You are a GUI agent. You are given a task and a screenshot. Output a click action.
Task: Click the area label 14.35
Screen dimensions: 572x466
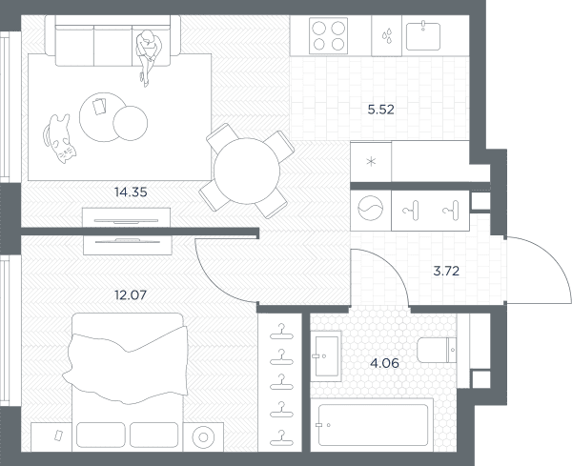coord(131,192)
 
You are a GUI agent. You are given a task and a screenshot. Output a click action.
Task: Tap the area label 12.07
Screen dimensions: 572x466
coord(131,294)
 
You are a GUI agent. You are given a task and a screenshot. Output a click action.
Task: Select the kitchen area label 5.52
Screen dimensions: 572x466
coord(380,110)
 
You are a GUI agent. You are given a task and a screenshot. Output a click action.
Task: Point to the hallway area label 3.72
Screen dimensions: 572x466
coord(446,271)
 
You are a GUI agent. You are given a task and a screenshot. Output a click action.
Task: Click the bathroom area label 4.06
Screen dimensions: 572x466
coord(384,363)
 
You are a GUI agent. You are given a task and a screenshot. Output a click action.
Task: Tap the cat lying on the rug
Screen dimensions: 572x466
coord(59,138)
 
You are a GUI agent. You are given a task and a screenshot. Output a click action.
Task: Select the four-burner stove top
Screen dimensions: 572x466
coord(328,35)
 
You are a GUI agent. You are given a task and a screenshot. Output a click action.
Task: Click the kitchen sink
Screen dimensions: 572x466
coord(423,36)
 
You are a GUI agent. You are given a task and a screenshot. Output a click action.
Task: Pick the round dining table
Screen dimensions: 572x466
coord(247,171)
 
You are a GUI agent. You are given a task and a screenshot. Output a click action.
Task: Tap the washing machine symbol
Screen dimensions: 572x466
coord(370,209)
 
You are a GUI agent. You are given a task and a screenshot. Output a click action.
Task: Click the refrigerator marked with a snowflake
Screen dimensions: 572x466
coord(371,161)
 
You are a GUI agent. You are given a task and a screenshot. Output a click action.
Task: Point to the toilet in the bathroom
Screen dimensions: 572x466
coord(437,350)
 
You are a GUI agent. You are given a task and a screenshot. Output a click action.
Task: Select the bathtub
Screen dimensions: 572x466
coord(373,424)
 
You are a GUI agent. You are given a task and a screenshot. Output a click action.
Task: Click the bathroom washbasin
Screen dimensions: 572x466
coord(326,356)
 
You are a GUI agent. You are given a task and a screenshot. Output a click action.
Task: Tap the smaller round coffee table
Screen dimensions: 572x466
coord(131,123)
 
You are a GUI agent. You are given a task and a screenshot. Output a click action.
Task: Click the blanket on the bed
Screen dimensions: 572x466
coord(125,365)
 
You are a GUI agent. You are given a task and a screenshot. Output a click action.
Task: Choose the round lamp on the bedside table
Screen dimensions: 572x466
coord(203,436)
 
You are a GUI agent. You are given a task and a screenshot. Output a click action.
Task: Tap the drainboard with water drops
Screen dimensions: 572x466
coord(387,35)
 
